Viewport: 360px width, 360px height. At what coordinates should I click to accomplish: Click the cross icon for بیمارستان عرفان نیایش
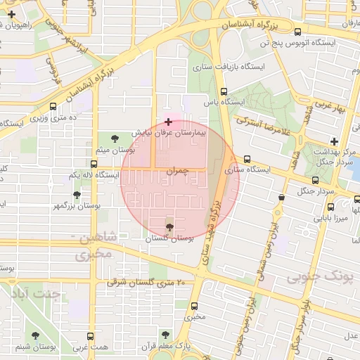point(167,122)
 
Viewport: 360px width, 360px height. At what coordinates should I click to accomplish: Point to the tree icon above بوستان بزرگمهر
point(77,195)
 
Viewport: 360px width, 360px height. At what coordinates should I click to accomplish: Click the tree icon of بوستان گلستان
point(169,226)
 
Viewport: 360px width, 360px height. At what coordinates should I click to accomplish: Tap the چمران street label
point(178,171)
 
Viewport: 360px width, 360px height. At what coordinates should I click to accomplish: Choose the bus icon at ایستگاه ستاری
point(247,160)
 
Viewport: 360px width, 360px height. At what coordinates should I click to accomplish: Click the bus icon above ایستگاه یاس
point(224,91)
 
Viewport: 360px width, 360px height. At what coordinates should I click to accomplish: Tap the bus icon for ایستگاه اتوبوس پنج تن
point(298,32)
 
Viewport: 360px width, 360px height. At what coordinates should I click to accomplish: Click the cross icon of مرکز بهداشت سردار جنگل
point(334,142)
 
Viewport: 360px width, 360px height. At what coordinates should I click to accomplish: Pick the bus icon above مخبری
point(195,306)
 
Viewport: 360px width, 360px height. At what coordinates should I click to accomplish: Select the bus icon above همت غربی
point(89,337)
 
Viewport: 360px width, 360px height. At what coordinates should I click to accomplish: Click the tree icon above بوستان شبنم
point(35,335)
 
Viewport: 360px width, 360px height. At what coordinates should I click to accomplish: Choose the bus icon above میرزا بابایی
point(331,207)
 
